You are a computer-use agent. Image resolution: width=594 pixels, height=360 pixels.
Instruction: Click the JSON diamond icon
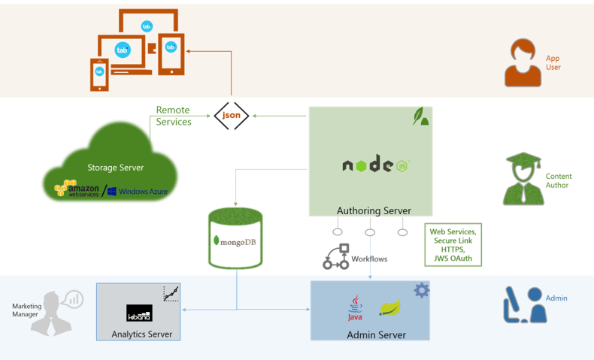pyautogui.click(x=231, y=115)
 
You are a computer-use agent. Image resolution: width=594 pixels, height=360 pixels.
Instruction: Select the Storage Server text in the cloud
pyautogui.click(x=116, y=168)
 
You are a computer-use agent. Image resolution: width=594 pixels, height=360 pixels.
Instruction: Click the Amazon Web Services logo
pyautogui.click(x=77, y=189)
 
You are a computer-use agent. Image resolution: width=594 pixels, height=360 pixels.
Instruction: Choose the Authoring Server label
pyautogui.click(x=374, y=210)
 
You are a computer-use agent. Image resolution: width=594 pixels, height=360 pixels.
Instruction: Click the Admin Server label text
pyautogui.click(x=376, y=334)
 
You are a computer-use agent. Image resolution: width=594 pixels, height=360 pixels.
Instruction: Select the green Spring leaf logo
pyautogui.click(x=390, y=307)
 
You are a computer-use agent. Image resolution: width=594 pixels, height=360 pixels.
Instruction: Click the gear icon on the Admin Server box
pyautogui.click(x=422, y=290)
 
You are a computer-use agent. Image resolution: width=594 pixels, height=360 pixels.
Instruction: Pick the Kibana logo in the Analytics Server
pyautogui.click(x=139, y=313)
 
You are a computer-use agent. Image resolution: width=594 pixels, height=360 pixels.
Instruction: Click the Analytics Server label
pyautogui.click(x=141, y=334)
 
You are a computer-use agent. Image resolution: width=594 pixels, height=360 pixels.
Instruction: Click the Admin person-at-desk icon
pyautogui.click(x=523, y=304)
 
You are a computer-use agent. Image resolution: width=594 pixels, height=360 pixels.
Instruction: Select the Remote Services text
pyautogui.click(x=174, y=116)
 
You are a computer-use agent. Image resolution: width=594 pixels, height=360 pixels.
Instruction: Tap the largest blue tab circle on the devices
pyautogui.click(x=123, y=50)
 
